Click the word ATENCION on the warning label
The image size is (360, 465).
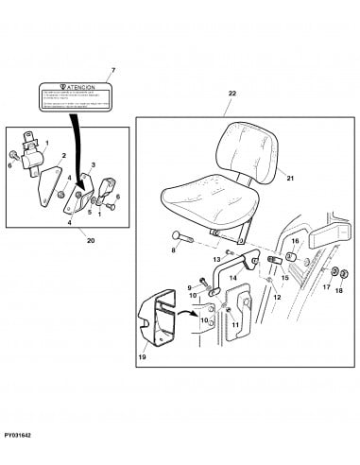pyautogui.click(x=76, y=87)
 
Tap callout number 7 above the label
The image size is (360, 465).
pyautogui.click(x=113, y=71)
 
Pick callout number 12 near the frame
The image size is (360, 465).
pyautogui.click(x=277, y=297)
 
